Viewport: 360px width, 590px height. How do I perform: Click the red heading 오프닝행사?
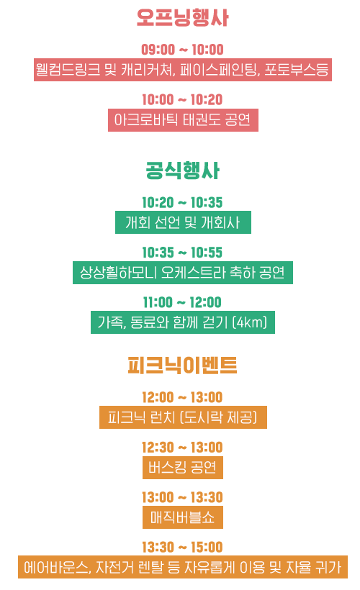pyautogui.click(x=182, y=18)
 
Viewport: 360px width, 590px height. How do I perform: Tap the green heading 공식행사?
pyautogui.click(x=182, y=171)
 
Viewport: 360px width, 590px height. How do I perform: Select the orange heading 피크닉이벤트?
pyautogui.click(x=182, y=365)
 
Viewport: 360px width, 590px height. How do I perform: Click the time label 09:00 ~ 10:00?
pyautogui.click(x=182, y=50)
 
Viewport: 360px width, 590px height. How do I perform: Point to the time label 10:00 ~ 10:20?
pyautogui.click(x=182, y=100)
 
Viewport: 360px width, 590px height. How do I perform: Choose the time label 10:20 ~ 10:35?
pyautogui.click(x=182, y=202)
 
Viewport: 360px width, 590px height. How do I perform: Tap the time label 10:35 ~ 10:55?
pyautogui.click(x=182, y=253)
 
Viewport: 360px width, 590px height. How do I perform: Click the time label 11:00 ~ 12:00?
pyautogui.click(x=182, y=302)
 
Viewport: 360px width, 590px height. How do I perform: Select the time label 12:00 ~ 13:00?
pyautogui.click(x=182, y=397)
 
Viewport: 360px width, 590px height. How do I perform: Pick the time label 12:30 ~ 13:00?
pyautogui.click(x=182, y=448)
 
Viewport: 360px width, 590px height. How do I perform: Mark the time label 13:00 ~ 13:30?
pyautogui.click(x=182, y=497)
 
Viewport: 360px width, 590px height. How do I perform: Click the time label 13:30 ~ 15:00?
pyautogui.click(x=182, y=547)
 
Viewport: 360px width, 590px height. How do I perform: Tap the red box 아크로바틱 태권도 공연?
pyautogui.click(x=183, y=120)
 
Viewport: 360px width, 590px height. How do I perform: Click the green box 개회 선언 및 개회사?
pyautogui.click(x=183, y=222)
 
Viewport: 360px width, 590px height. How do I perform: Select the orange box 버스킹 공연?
pyautogui.click(x=183, y=468)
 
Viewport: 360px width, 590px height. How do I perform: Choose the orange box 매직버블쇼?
pyautogui.click(x=183, y=517)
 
